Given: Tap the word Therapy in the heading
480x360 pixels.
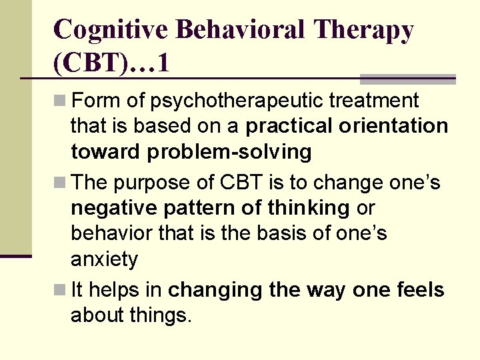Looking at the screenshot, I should point(365,29).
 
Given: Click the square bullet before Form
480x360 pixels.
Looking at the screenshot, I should point(60,101).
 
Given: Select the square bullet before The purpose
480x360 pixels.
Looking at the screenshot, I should point(60,183).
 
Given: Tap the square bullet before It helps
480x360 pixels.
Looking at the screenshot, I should point(60,290).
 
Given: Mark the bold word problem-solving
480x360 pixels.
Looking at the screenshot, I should point(229,152).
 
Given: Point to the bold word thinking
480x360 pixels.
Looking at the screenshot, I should point(309,208).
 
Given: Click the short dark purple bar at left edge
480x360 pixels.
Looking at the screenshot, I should point(15,255).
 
